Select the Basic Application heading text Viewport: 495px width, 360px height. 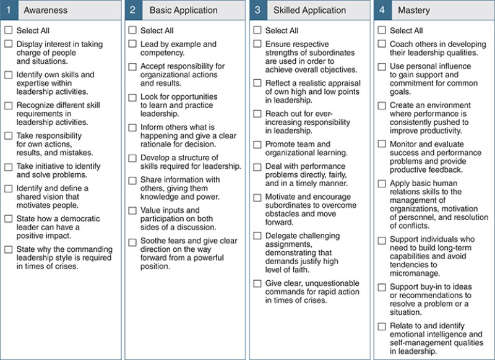click(183, 11)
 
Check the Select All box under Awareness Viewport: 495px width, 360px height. click(8, 30)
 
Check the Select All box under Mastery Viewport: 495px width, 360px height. click(382, 30)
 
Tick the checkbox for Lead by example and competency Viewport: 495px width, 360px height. click(132, 45)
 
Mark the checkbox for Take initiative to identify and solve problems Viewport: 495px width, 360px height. click(8, 167)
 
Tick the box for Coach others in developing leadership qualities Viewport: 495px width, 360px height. click(382, 45)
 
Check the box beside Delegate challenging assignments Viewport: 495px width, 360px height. click(257, 236)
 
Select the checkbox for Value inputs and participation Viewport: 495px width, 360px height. click(132, 210)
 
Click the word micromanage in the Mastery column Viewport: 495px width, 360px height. click(415, 273)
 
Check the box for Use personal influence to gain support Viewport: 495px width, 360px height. click(382, 66)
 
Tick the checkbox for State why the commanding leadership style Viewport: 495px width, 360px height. click(8, 249)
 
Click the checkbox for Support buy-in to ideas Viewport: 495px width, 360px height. click(382, 287)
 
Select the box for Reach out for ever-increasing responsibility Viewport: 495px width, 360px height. click(257, 114)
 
